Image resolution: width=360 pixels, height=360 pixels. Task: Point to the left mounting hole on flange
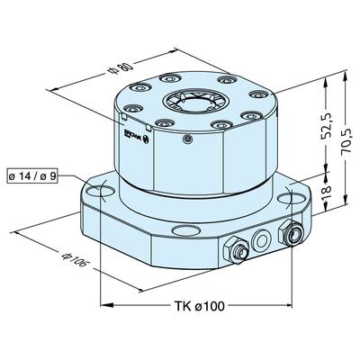tap(97, 193)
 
